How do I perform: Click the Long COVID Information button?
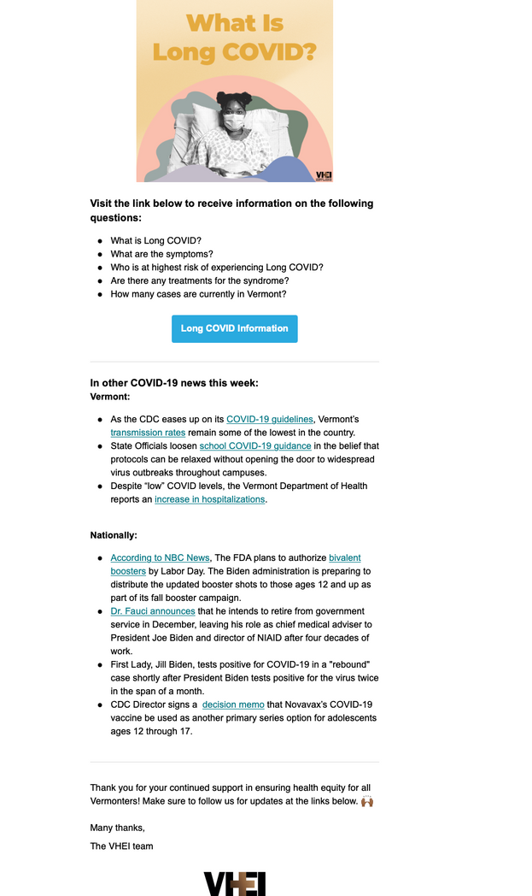point(234,328)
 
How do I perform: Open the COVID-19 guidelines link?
point(270,419)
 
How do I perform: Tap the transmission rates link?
point(148,433)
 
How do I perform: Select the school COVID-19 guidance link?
point(255,446)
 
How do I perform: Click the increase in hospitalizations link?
point(209,499)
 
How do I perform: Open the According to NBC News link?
point(160,557)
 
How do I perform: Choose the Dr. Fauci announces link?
point(153,611)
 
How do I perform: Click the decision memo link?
point(233,704)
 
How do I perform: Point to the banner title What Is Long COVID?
point(234,37)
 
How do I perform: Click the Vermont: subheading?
point(110,397)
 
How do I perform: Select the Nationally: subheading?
point(114,535)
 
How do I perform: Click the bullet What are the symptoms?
point(161,254)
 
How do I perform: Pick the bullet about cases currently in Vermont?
point(198,294)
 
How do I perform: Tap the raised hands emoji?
point(367,801)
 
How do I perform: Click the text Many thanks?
point(118,827)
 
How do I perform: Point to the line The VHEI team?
point(121,846)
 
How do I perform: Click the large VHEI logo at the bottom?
point(234,883)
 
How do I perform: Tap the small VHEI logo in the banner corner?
point(324,174)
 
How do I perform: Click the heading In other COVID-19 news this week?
point(174,383)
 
